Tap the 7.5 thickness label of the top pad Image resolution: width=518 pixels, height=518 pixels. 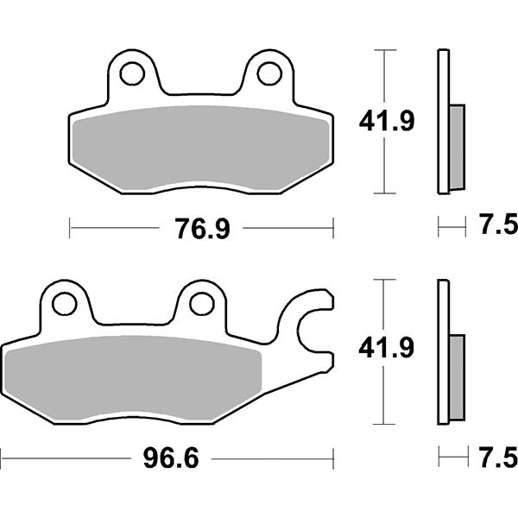496,227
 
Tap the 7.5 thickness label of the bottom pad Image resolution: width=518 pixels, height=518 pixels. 496,454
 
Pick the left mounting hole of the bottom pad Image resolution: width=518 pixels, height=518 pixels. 63,304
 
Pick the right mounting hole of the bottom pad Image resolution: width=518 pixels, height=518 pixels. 200,304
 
